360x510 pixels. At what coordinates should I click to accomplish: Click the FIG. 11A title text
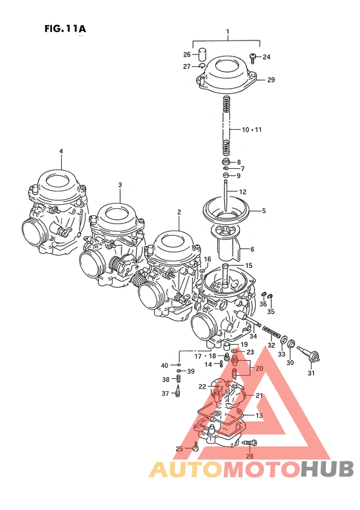coord(65,29)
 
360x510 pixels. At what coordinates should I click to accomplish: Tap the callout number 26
coord(187,55)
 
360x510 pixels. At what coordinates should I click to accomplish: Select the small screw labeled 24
coord(253,58)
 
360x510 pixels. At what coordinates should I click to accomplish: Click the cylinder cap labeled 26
coord(203,54)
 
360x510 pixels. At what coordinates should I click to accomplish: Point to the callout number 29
coord(271,80)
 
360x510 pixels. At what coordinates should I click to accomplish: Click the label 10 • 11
coord(251,130)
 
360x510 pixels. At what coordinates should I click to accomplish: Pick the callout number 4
coord(61,151)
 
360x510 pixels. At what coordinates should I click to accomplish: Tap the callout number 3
coord(120,185)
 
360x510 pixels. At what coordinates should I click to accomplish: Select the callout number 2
coord(179,213)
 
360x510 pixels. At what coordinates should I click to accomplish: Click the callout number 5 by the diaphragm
coord(264,211)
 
